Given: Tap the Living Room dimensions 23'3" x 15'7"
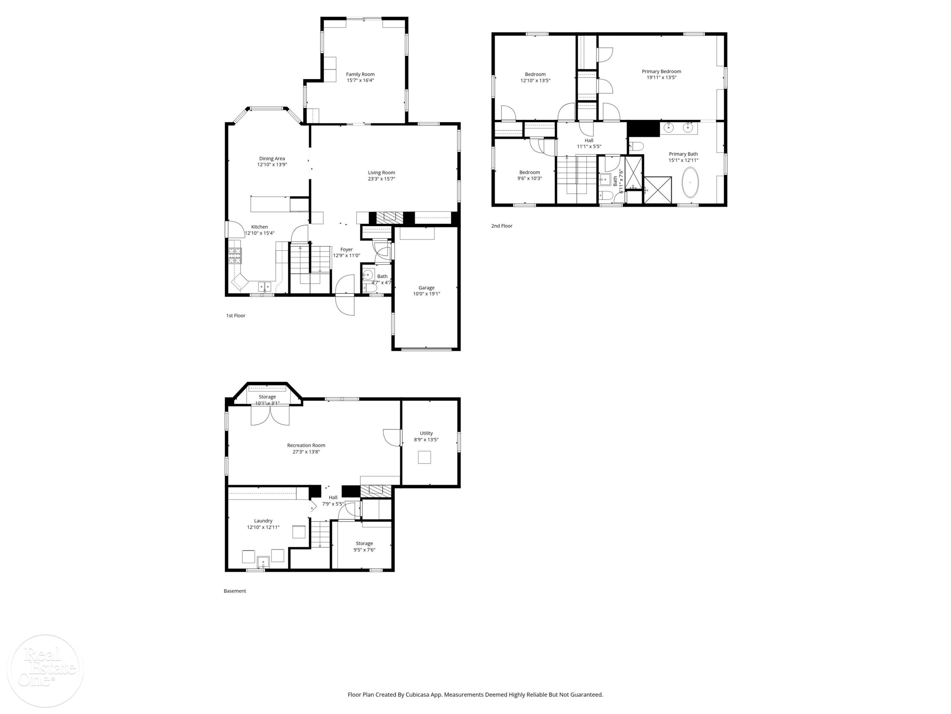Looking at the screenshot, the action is point(381,179).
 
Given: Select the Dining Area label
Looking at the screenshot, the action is point(272,159).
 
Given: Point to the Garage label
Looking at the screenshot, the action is point(426,288).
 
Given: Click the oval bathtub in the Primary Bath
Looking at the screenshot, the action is point(690,182).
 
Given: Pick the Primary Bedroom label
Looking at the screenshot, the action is point(661,71).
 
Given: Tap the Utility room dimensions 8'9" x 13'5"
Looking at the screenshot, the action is point(426,440).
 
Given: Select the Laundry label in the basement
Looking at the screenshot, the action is point(263,521).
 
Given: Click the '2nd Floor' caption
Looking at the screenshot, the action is point(502,226).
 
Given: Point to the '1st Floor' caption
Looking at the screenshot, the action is point(236,316).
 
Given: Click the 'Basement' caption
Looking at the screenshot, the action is point(235,591).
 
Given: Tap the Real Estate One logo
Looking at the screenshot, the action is point(45,671).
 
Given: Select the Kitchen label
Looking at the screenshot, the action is point(259,227).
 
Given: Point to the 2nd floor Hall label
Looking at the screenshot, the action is point(589,141).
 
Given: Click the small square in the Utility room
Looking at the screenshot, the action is point(424,457).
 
